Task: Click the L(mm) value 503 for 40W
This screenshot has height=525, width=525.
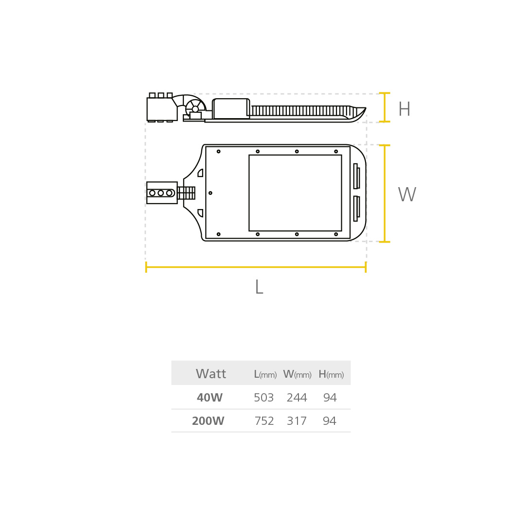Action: point(264,398)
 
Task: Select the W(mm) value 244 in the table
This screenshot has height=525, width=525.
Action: point(297,398)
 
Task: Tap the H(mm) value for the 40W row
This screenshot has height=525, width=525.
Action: point(330,398)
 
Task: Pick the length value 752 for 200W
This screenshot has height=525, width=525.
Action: point(264,421)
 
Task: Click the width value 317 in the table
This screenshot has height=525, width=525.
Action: point(297,421)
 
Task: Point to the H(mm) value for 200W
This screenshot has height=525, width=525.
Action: point(330,421)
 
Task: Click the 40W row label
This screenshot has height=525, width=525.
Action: point(210,398)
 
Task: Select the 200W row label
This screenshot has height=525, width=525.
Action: point(208,421)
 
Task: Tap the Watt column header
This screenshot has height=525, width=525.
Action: point(211,374)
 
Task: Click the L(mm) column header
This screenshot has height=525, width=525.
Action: point(265,374)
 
